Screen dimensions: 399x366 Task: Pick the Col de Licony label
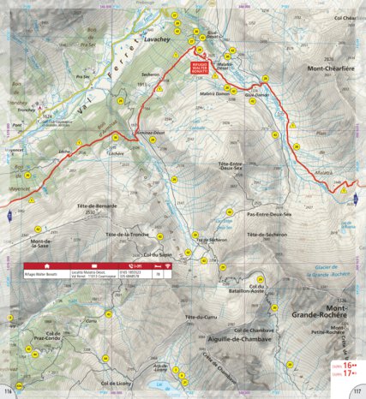pos(119,382)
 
